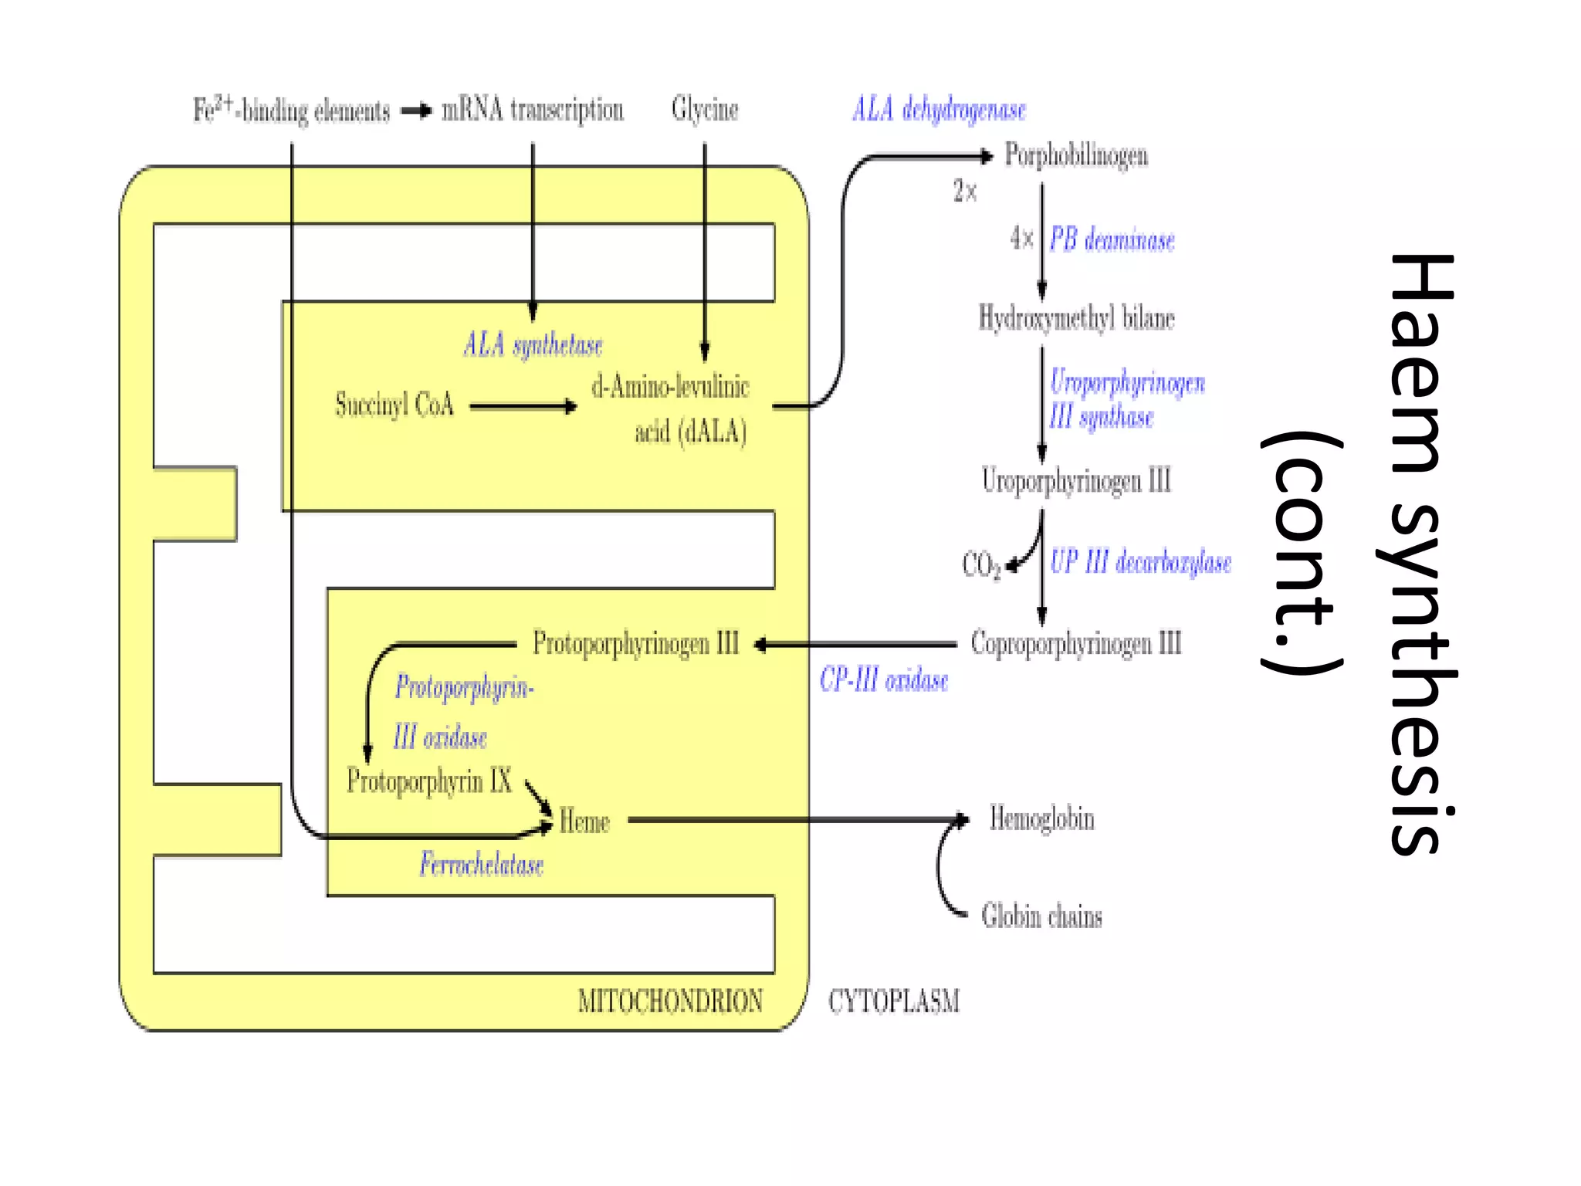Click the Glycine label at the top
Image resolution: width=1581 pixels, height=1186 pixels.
point(704,110)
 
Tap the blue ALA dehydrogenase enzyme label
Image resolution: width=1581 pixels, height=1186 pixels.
point(939,110)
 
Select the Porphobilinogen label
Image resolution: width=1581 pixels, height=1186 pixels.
point(1075,155)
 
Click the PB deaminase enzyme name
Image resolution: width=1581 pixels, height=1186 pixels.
point(1112,240)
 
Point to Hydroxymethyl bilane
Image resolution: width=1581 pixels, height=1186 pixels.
point(1076,318)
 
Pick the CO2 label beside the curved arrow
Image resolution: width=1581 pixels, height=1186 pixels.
point(980,564)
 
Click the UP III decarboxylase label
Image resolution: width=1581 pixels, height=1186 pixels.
point(1140,562)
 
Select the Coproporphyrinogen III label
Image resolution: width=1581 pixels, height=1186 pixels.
point(1076,643)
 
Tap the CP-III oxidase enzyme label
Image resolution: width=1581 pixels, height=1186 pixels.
point(884,680)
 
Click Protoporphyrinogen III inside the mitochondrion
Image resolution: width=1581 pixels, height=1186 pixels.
point(635,643)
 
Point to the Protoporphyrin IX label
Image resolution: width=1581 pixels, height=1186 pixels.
point(429,781)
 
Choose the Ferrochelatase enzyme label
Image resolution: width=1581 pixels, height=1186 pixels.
point(481,864)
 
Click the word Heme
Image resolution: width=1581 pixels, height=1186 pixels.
point(584,822)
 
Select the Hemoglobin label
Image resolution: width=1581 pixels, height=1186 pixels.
point(1041,819)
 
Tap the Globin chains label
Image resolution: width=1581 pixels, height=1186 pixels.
point(1041,917)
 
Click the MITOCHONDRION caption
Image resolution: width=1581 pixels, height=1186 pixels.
point(670,1001)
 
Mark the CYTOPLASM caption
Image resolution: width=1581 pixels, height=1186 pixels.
point(893,1001)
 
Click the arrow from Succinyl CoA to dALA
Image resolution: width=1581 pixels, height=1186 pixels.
point(523,406)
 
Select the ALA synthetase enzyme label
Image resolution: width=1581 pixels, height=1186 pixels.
point(533,345)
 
